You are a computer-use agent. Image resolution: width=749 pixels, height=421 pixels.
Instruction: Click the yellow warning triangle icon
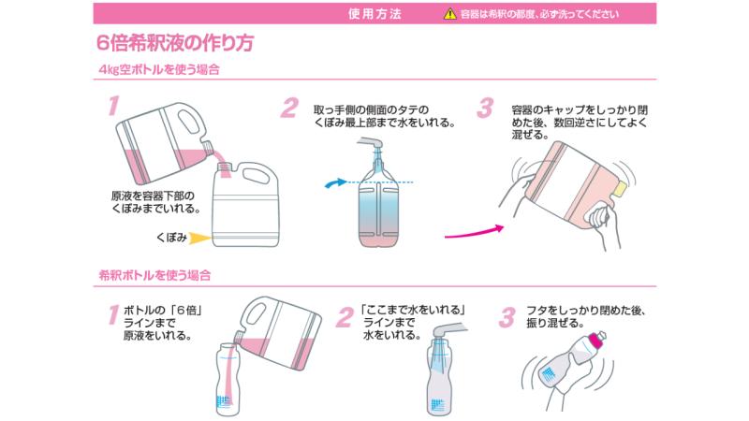pos(450,14)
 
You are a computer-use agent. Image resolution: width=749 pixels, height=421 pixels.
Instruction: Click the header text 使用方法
pos(374,14)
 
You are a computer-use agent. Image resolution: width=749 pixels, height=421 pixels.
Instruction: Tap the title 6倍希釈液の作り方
pos(175,43)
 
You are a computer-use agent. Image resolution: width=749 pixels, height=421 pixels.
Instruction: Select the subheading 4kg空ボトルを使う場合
pos(159,69)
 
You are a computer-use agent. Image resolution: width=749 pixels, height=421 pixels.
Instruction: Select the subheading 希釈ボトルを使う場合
pos(154,275)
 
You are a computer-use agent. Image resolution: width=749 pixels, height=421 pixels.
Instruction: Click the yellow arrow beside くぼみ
pos(200,238)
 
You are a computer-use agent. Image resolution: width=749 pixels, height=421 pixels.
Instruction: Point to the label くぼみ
pos(171,238)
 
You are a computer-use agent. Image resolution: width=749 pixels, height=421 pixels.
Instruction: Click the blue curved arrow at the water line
pos(336,182)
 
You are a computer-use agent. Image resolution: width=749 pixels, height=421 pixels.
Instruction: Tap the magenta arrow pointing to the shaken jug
pos(475,232)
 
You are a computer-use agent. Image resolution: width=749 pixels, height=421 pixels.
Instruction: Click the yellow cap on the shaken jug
pos(619,189)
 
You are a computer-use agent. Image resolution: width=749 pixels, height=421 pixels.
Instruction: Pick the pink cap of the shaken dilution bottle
pos(598,339)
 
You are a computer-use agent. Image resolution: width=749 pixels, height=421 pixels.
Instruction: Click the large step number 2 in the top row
pos(289,109)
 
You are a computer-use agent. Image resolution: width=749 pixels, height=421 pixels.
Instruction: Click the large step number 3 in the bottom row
pos(507,318)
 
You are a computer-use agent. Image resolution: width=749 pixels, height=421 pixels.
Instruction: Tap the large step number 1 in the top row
pos(113,106)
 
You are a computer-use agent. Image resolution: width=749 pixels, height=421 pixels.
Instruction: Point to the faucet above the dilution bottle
pos(448,329)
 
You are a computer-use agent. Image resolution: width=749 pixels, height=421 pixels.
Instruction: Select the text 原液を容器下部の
pos(153,196)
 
